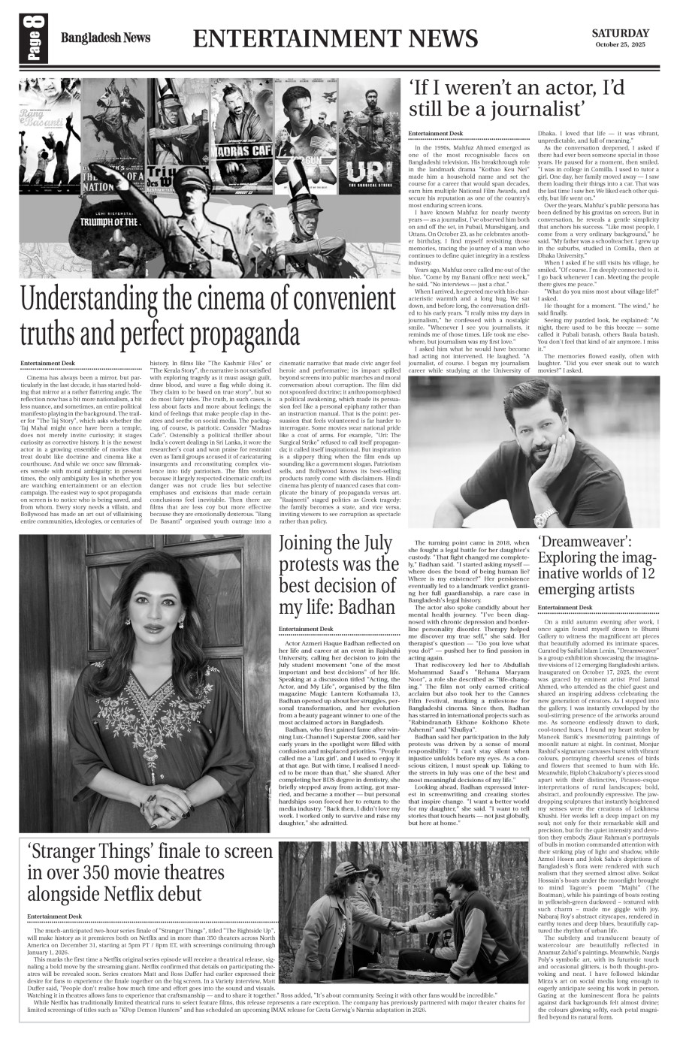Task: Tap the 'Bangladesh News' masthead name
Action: pos(105,38)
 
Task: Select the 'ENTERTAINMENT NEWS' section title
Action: pos(334,38)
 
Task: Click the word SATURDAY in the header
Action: pos(620,33)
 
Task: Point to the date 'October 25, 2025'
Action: pos(620,45)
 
